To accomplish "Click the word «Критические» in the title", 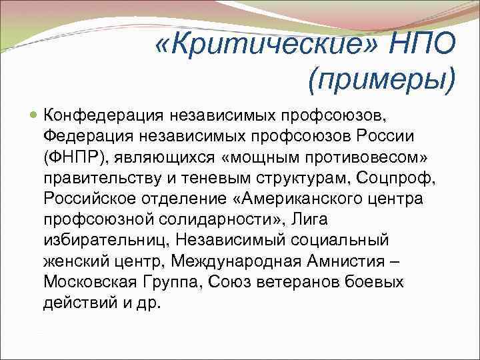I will pyautogui.click(x=266, y=45).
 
